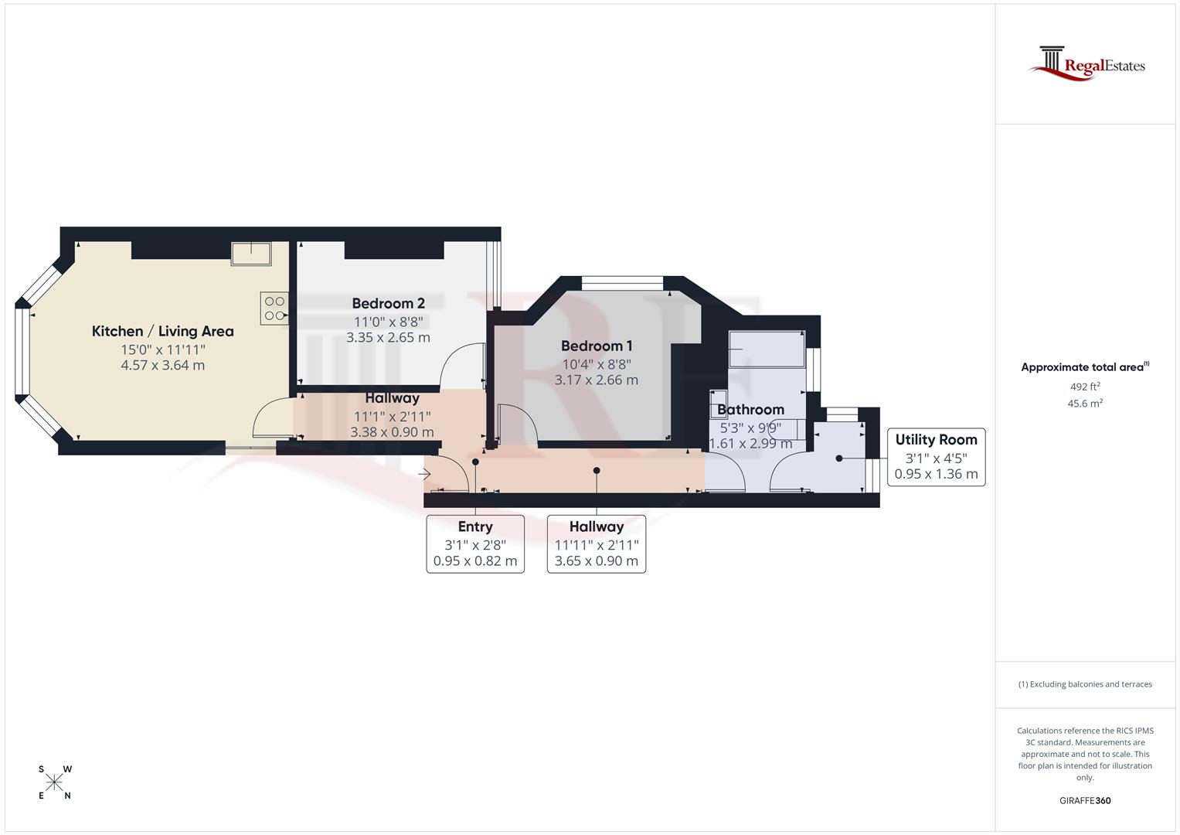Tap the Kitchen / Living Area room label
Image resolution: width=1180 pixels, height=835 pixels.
pos(162,332)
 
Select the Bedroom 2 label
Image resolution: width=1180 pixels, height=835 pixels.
pos(388,304)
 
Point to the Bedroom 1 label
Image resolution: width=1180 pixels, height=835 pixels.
pos(597,346)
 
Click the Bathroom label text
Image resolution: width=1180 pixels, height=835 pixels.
pos(750,410)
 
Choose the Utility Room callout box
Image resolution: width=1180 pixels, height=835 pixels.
pos(936,457)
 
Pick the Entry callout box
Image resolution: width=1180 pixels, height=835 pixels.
pos(475,544)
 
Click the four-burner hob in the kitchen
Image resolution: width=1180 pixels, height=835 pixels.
pos(274,308)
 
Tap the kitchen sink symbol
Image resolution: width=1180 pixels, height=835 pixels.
pos(251,253)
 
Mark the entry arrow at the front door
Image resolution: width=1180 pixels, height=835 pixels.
pos(424,474)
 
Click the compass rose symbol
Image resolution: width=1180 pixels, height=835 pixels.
pos(54,782)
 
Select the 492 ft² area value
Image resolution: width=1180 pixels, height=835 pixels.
pos(1085,387)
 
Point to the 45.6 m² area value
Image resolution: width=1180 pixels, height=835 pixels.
pos(1085,404)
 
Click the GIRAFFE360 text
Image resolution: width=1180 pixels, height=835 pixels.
pos(1085,800)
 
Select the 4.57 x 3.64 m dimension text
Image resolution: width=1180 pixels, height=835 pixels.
pos(162,366)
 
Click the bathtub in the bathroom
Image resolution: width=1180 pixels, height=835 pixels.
pos(766,349)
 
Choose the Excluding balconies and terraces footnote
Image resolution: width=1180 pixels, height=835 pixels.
pos(1085,684)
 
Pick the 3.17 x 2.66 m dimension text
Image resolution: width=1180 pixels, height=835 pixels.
pos(597,380)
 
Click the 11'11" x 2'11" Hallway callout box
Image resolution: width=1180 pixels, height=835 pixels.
pos(597,544)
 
